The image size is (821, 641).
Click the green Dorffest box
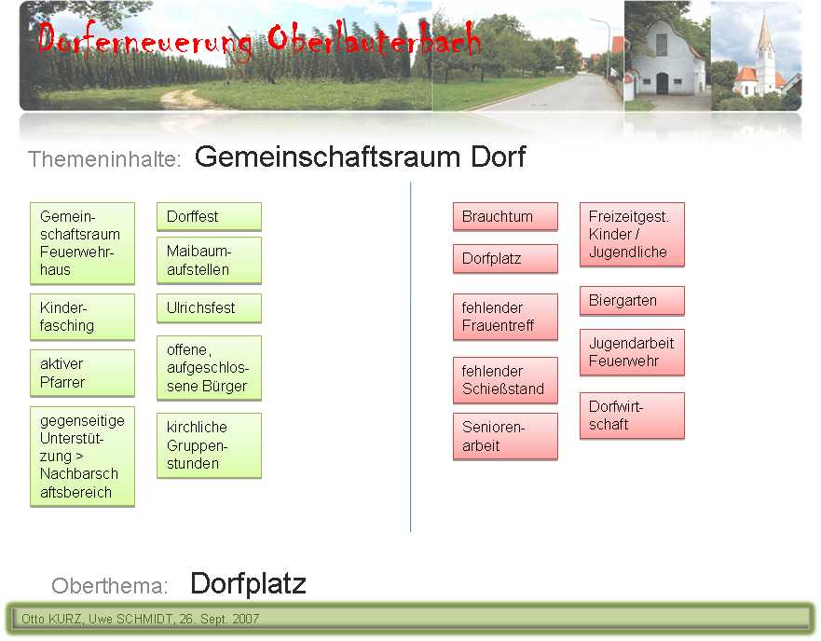pos(209,216)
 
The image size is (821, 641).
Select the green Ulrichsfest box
pos(209,308)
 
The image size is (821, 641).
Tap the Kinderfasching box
pos(82,317)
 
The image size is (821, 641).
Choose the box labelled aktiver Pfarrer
pos(82,373)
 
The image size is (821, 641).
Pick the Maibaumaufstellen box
pos(209,260)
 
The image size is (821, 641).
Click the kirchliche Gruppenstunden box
pos(209,445)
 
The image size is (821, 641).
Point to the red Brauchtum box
pos(505,216)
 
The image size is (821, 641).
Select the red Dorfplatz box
pos(505,258)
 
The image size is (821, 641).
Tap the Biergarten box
pos(632,301)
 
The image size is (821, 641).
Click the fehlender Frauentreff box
pos(505,317)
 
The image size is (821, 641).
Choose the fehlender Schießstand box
pos(505,380)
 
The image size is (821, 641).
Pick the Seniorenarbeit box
pos(505,436)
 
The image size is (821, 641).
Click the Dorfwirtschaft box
pos(632,416)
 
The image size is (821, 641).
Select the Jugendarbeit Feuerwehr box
pos(632,352)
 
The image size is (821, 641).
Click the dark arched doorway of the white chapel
pos(663,83)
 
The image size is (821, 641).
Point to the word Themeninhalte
pos(104,159)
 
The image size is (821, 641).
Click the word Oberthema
pos(109,585)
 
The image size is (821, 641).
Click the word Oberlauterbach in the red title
pos(374,39)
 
